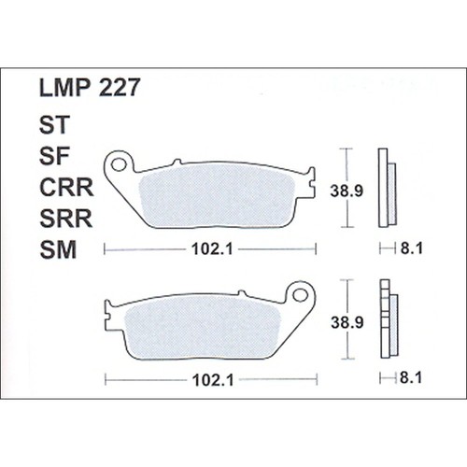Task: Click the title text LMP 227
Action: click(x=90, y=89)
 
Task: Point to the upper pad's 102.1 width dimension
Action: click(x=208, y=249)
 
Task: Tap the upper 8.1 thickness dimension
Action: click(x=406, y=249)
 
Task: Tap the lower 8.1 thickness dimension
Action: click(x=406, y=378)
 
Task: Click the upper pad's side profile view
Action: click(x=386, y=188)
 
